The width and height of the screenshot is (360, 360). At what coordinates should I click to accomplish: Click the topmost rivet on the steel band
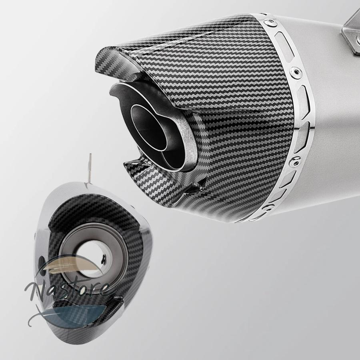[270, 22]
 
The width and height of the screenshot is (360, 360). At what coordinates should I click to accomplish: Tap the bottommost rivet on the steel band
[267, 209]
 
